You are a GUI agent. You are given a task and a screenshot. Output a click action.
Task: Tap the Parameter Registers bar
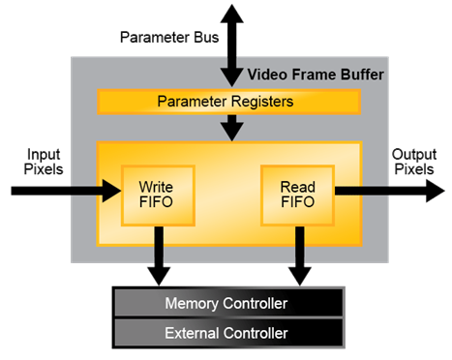[228, 101]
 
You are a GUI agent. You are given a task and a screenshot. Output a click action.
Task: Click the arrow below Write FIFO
[157, 255]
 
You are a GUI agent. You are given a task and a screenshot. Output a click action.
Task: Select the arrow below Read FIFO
[299, 255]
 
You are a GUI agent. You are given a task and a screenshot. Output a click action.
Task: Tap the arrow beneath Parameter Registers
[229, 127]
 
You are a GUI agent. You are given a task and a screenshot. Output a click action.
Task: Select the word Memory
[193, 304]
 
